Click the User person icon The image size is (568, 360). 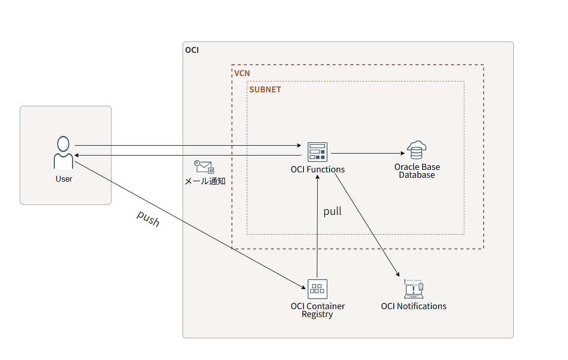coord(63,153)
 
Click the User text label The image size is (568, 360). coord(64,179)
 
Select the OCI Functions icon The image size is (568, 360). coord(317,152)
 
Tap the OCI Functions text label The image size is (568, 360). coord(318,169)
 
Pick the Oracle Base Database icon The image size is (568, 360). coord(417,150)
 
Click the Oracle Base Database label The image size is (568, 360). coord(417,171)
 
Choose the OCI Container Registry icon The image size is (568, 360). coord(317,289)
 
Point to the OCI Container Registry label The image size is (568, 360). coord(317,310)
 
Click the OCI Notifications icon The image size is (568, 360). coord(414,289)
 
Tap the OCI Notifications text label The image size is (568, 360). coord(414,306)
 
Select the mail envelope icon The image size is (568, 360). coord(204,166)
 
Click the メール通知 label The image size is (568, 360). coord(205,181)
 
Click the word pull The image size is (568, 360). coord(332,211)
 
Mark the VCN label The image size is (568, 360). coord(242,73)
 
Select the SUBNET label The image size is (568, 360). coord(265,90)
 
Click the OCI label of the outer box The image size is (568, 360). coord(191,50)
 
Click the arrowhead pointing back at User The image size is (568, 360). coord(77,156)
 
